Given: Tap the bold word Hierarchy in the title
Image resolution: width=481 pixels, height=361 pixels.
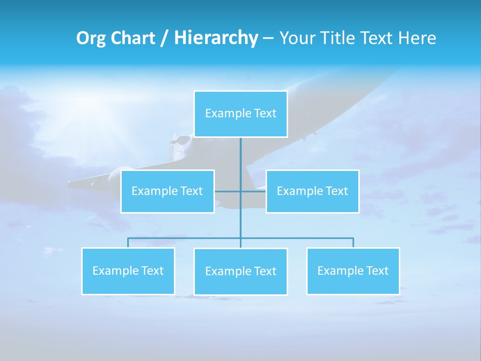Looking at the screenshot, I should pyautogui.click(x=216, y=38).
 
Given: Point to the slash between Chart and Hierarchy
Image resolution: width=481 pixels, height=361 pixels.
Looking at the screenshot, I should pyautogui.click(x=165, y=38).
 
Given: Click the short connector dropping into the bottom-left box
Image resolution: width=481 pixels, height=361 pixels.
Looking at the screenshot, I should pyautogui.click(x=128, y=243).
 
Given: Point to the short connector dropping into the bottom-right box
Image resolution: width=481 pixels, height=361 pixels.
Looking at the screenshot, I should pyautogui.click(x=353, y=243).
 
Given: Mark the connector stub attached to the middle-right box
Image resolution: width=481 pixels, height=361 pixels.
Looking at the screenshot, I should pyautogui.click(x=254, y=191).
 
